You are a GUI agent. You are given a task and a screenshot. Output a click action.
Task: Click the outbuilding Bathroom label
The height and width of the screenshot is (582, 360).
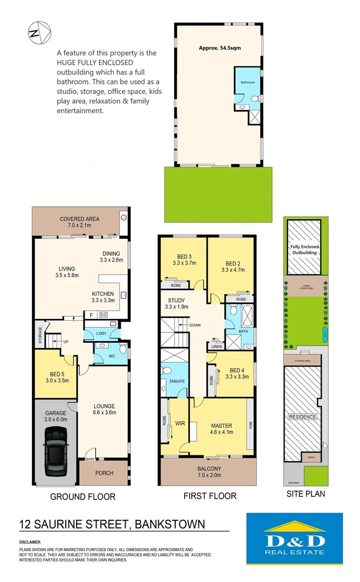coord(247,82)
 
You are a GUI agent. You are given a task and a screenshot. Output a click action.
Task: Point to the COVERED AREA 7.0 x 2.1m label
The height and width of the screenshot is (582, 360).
coord(79,222)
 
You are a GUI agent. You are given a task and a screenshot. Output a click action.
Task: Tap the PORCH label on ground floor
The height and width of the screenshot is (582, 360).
coord(104,473)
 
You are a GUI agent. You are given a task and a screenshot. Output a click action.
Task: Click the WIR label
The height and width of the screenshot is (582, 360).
coord(180,424)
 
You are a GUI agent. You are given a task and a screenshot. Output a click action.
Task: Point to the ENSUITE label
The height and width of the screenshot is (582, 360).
coord(177,381)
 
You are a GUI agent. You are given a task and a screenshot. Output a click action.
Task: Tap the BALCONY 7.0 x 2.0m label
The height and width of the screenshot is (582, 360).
coord(207,472)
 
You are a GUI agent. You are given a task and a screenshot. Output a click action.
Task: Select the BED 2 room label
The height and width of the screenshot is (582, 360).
coord(230,266)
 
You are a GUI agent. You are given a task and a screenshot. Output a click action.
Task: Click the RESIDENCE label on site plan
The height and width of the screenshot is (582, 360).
coord(302,417)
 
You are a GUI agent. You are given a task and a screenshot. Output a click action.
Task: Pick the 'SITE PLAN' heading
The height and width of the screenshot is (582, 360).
coord(305,493)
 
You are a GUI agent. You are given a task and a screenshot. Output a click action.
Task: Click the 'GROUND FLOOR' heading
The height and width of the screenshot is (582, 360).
coord(82,496)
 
